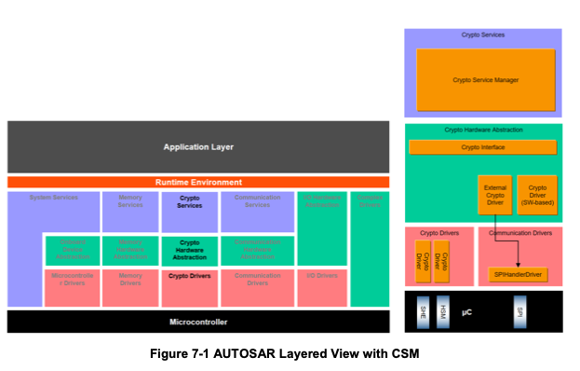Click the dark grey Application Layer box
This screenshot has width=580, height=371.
tap(198, 147)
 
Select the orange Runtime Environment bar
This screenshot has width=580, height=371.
tap(198, 183)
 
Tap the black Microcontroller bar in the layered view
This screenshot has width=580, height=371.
tap(198, 322)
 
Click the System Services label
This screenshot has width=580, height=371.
tap(54, 198)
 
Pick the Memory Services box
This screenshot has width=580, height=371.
tap(130, 212)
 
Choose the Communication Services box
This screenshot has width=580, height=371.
tap(258, 212)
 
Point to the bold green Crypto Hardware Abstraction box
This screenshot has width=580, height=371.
tap(189, 250)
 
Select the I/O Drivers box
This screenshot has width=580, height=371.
tap(322, 277)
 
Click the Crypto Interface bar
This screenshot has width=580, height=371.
tap(483, 147)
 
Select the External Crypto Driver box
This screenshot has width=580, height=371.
tap(494, 195)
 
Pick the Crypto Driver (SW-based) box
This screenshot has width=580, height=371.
tap(537, 195)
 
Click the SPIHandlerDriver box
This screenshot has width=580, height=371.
tap(519, 275)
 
